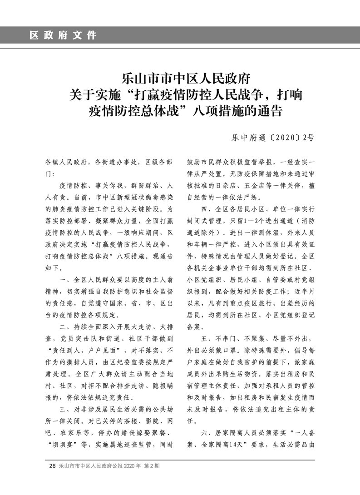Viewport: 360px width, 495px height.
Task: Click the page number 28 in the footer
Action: pyautogui.click(x=52, y=466)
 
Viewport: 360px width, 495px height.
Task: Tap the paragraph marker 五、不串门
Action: pyautogui.click(x=222, y=339)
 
